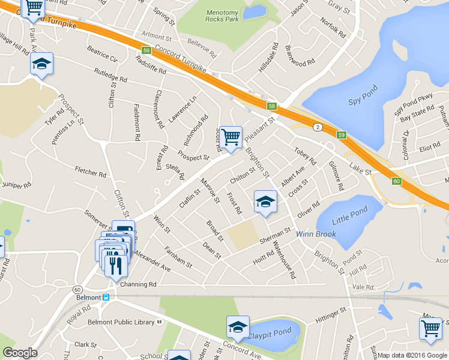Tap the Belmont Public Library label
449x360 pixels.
pyautogui.click(x=124, y=322)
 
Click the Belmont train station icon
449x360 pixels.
pyautogui.click(x=106, y=297)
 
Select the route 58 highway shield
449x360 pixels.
pyautogui.click(x=272, y=106)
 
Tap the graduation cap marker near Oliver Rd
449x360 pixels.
pyautogui.click(x=265, y=202)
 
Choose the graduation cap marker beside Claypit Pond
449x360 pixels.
pyautogui.click(x=238, y=327)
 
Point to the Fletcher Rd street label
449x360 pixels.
pyautogui.click(x=91, y=172)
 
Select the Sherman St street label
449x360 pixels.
pyautogui.click(x=275, y=235)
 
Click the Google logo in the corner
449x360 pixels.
pyautogui.click(x=20, y=353)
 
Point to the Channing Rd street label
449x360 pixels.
pyautogui.click(x=138, y=284)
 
